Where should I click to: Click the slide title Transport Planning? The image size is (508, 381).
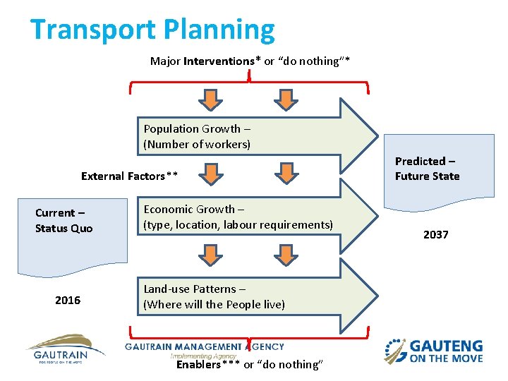(152, 30)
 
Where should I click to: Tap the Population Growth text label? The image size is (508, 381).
(197, 136)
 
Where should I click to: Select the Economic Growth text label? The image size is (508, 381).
(238, 217)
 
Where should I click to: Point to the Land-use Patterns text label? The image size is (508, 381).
(214, 296)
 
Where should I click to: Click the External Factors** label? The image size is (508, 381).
(129, 176)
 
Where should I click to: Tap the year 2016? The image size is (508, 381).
(68, 301)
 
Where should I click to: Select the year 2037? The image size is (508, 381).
(435, 234)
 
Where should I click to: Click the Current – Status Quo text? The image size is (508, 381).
(64, 220)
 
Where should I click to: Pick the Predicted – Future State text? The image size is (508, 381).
(427, 169)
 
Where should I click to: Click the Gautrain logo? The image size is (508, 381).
(65, 348)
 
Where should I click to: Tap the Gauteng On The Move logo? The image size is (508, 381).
(433, 351)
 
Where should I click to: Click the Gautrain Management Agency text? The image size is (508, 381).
(205, 347)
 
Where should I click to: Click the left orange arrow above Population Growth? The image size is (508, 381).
(210, 99)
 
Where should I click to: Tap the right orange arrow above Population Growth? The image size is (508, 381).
(285, 99)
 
